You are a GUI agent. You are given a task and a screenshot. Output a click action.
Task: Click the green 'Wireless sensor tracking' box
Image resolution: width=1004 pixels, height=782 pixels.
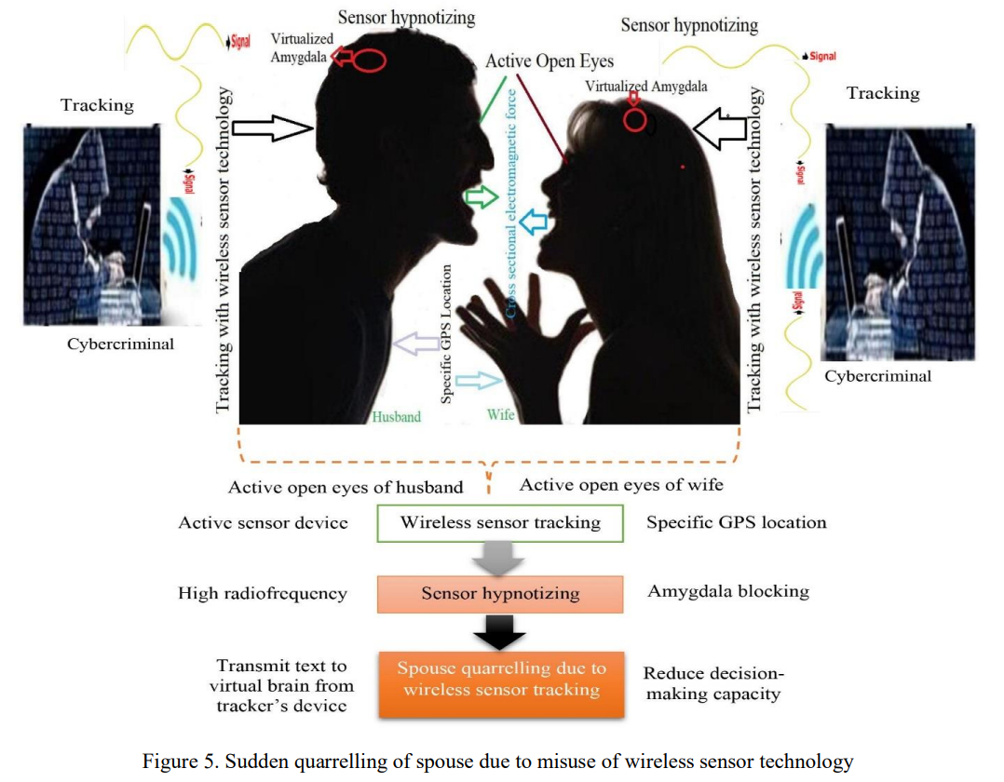[500, 522]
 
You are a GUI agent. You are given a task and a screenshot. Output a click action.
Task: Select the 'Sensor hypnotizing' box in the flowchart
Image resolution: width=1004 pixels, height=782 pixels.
[500, 594]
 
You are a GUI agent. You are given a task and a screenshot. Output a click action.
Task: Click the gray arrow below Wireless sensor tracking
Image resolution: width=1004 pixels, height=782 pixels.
[500, 559]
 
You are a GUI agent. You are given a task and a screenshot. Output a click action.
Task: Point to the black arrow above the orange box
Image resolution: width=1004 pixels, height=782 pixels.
[500, 636]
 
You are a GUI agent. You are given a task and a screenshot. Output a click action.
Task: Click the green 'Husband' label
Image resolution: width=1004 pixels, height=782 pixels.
[397, 417]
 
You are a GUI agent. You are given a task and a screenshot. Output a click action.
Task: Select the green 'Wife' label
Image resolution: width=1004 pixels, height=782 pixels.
[501, 414]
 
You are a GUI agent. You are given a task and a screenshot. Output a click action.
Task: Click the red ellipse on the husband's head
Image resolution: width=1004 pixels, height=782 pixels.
[370, 60]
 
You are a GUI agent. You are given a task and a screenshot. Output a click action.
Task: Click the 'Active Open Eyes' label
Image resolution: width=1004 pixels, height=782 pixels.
[549, 61]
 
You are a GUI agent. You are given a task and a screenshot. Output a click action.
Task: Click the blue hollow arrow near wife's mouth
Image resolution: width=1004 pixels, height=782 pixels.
[535, 222]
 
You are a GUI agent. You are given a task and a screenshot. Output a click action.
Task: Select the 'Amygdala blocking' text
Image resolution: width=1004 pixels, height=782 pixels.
[728, 591]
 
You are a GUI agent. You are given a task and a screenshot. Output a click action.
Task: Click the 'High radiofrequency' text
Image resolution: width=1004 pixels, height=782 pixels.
[263, 593]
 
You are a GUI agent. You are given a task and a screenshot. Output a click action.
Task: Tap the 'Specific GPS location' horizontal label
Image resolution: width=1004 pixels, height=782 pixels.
[737, 522]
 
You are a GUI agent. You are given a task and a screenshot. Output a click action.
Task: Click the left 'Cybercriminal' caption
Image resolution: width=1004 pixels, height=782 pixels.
[120, 344]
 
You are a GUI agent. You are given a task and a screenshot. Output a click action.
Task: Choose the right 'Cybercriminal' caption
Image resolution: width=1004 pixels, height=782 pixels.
[878, 376]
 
